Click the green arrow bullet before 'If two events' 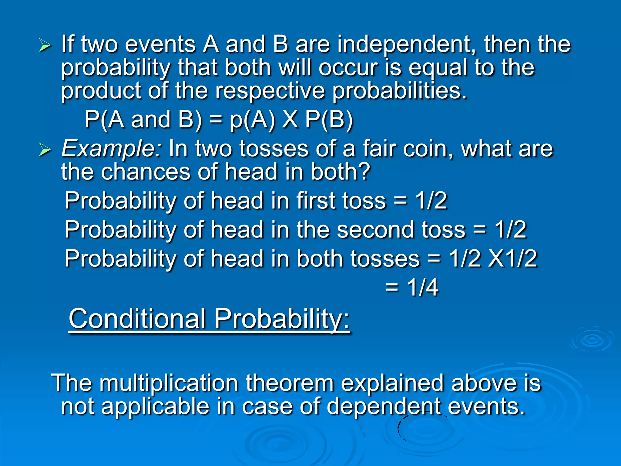45,46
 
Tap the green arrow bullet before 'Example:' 45,150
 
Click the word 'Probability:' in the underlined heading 282,319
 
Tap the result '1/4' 422,287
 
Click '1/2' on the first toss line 431,201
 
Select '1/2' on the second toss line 511,230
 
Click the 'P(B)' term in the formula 329,120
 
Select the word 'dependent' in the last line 384,407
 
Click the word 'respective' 270,91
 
